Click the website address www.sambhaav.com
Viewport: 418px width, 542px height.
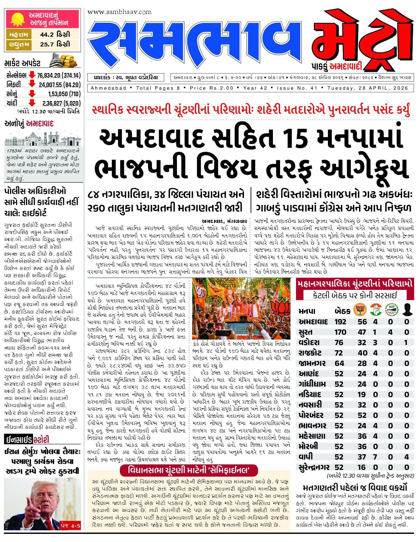click(x=119, y=12)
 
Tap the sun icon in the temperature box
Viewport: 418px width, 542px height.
click(x=17, y=19)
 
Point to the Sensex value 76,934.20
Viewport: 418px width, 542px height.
click(x=48, y=75)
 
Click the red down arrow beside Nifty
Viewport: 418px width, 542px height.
click(x=32, y=84)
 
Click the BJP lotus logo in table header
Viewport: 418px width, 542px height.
click(x=360, y=310)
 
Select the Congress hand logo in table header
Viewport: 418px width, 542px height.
click(x=375, y=310)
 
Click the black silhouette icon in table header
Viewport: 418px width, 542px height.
click(x=407, y=310)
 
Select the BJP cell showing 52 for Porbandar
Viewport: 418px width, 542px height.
click(x=362, y=415)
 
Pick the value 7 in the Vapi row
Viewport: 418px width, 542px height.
click(x=375, y=457)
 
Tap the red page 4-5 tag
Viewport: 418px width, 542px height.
click(x=70, y=525)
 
